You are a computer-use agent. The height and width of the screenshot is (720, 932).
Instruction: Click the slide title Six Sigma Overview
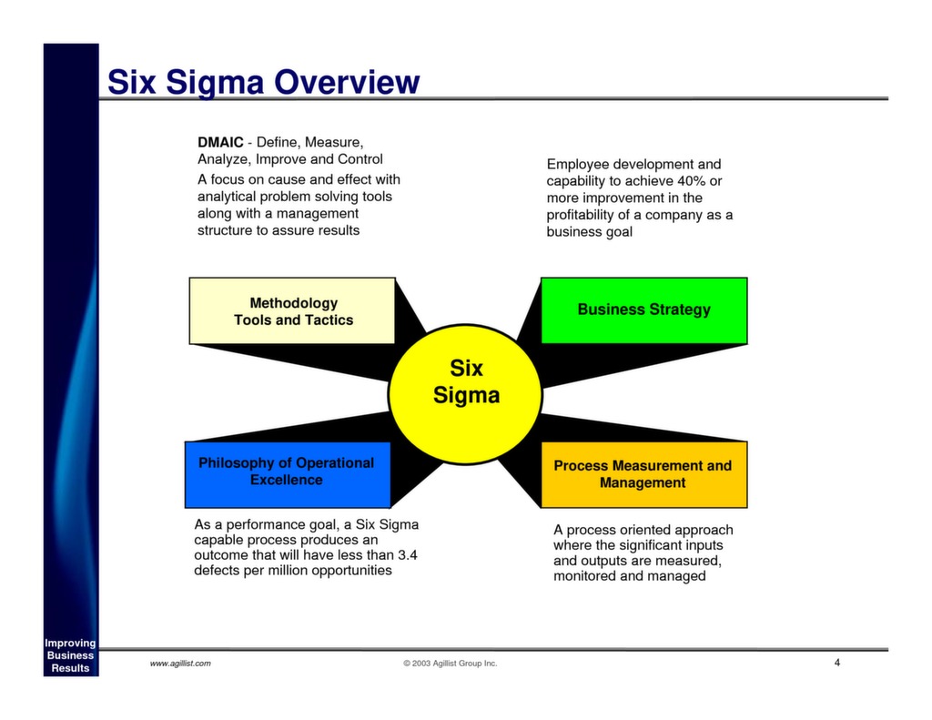click(x=263, y=83)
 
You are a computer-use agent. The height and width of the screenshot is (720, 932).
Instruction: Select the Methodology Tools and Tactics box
click(x=292, y=311)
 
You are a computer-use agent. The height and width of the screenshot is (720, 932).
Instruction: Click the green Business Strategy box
click(x=643, y=310)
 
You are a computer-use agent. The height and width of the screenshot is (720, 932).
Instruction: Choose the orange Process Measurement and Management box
click(x=643, y=474)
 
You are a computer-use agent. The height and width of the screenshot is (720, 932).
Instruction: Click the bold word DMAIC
click(x=220, y=143)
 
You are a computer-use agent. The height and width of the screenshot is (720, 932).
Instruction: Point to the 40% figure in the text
click(x=691, y=181)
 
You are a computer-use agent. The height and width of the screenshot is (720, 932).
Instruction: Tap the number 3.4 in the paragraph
click(x=408, y=554)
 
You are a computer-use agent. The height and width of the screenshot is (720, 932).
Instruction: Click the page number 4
click(x=836, y=662)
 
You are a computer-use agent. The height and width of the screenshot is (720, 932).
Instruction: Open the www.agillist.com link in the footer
click(x=180, y=664)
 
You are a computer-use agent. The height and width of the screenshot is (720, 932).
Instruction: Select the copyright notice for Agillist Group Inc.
click(x=451, y=664)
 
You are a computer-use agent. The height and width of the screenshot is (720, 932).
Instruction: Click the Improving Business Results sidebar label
click(x=70, y=655)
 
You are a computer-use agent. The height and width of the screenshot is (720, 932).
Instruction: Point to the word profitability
click(x=589, y=215)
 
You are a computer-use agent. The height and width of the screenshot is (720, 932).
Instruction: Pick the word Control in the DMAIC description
click(x=360, y=159)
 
